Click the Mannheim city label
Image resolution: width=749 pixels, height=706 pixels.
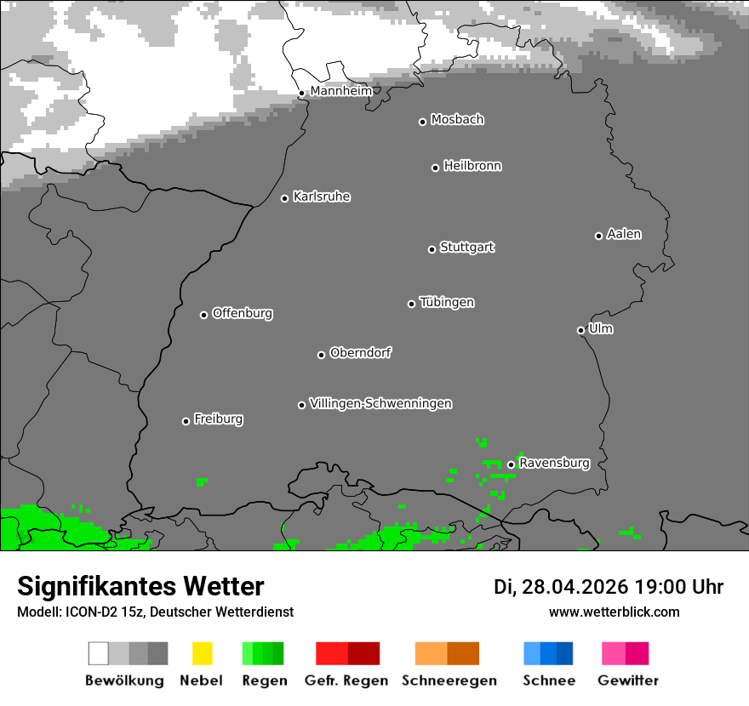pos(340,91)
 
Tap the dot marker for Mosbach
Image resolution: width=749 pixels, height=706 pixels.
pos(422,122)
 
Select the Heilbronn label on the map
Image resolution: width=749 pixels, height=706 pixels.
pos(472,166)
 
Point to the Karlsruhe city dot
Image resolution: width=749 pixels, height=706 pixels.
pos(285,198)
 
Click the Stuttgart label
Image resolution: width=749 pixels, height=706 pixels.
pos(466,248)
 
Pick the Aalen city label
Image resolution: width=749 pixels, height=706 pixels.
pos(624,234)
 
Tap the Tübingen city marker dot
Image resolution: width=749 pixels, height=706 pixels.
pos(412,304)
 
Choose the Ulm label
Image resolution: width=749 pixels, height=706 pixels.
pos(601,328)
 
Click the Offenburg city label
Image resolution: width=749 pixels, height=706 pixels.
pos(242,313)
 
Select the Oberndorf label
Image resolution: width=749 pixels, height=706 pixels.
pos(360,353)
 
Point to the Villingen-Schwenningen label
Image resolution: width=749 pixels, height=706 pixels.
pos(380,403)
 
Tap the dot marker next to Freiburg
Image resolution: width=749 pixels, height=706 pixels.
pos(186,421)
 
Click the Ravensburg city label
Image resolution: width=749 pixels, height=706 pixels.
pos(554,464)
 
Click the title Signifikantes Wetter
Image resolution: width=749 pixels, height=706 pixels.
pos(140,586)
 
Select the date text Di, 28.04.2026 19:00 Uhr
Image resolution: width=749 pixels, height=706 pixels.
pos(609,587)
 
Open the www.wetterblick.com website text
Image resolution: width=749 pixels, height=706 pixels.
pos(614,612)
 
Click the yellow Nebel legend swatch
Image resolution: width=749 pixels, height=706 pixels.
pos(202,653)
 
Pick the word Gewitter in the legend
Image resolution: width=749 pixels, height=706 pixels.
pos(627,680)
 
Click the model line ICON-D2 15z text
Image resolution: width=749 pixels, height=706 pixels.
pos(155,612)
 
